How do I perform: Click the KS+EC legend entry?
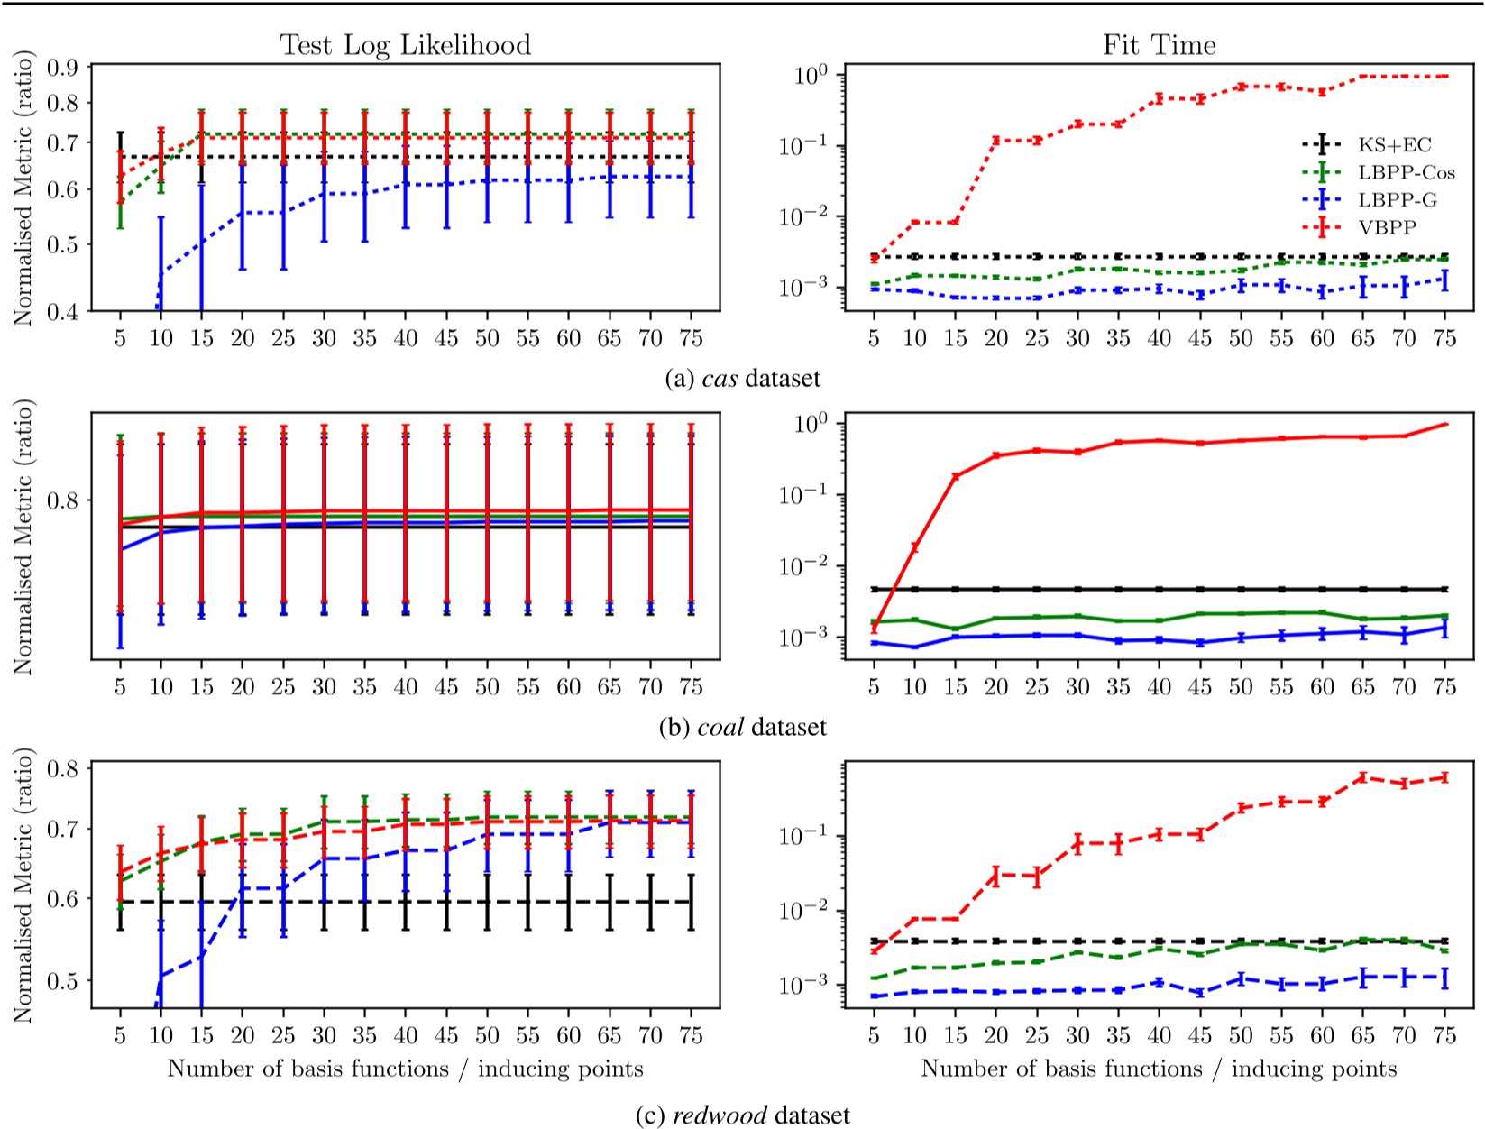click(x=1394, y=144)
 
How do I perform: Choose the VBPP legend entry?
click(x=1387, y=228)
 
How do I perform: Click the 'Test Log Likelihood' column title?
click(x=405, y=45)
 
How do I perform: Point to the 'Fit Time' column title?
click(x=1159, y=45)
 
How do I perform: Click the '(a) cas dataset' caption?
click(x=742, y=378)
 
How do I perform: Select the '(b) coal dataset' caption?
click(x=742, y=727)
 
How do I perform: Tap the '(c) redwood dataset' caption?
click(x=742, y=1115)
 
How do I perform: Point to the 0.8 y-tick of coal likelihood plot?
click(x=65, y=500)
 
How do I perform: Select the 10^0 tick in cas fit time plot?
click(x=802, y=75)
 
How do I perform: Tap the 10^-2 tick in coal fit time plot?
click(x=802, y=566)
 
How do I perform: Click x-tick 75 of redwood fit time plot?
click(x=1444, y=1036)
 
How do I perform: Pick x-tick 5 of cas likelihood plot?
click(x=120, y=338)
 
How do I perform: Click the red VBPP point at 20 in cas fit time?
click(x=995, y=140)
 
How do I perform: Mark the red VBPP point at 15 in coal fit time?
click(x=955, y=476)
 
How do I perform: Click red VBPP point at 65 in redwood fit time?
click(x=1363, y=776)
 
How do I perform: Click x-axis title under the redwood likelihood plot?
click(x=405, y=1069)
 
